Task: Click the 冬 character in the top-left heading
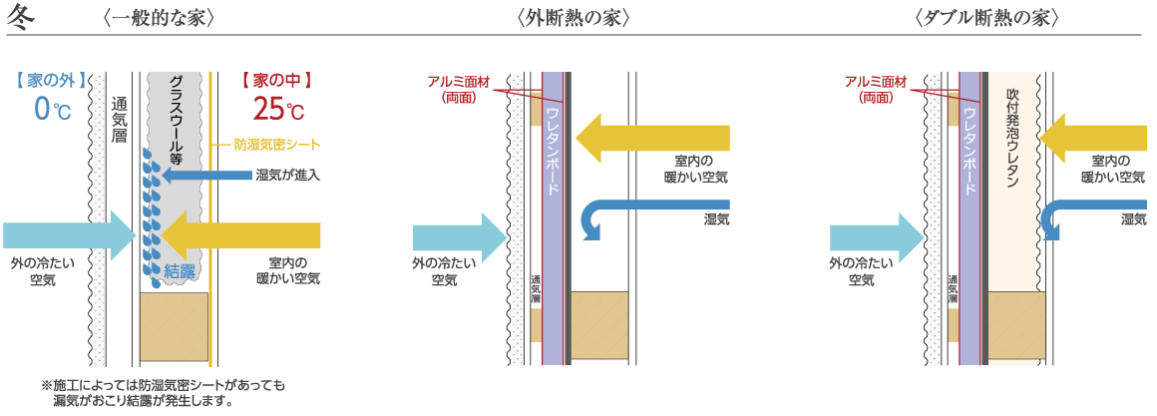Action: (x=22, y=18)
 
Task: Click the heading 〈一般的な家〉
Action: (x=159, y=18)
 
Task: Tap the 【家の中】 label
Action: (x=279, y=78)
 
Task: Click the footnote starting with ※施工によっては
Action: (x=163, y=392)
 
